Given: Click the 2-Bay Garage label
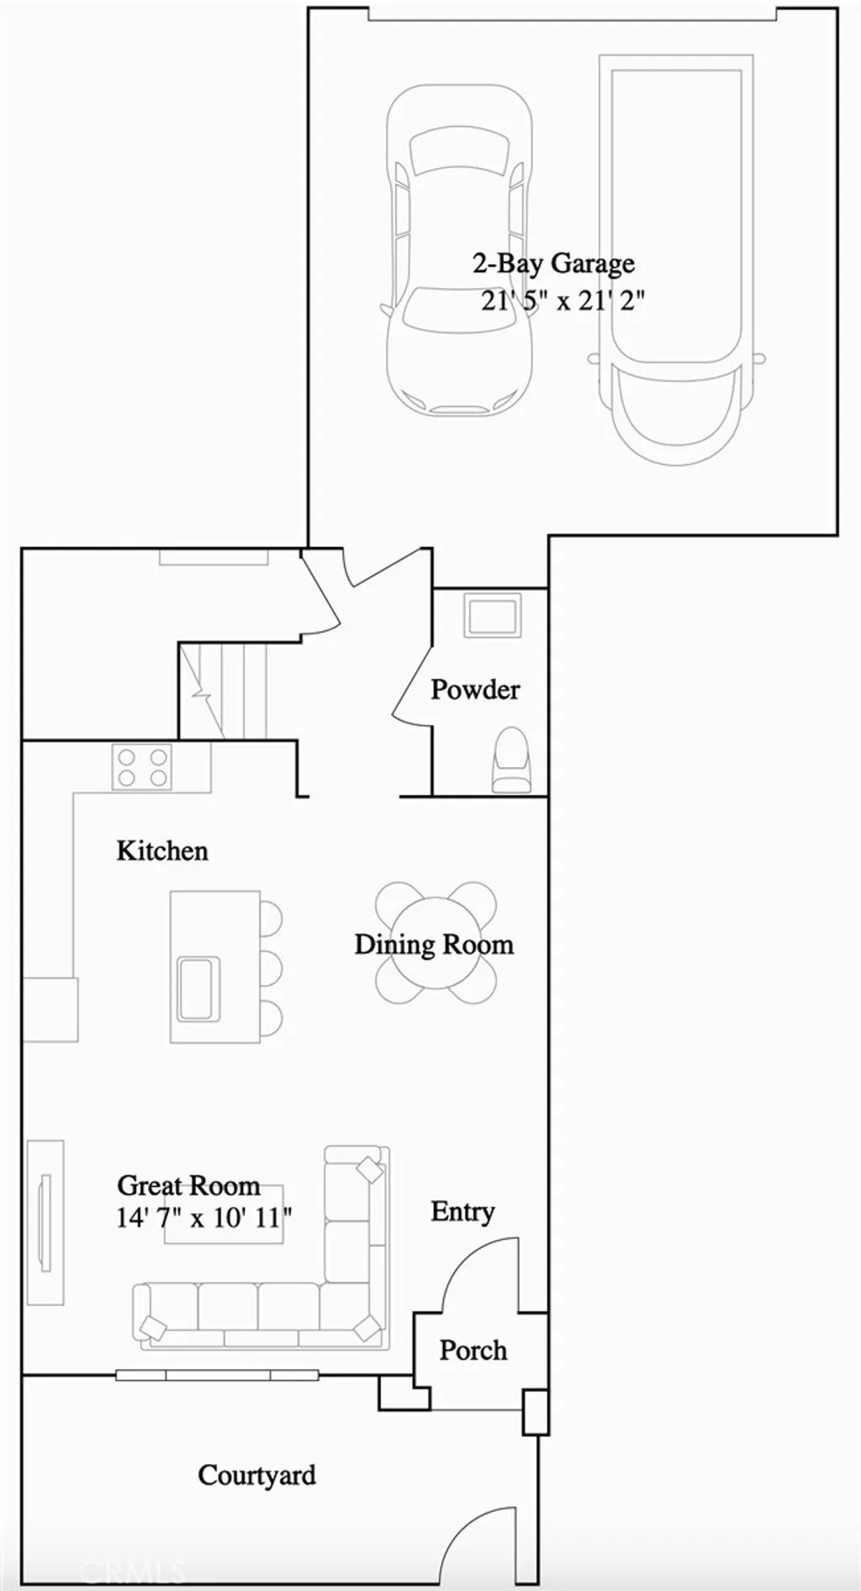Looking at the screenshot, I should [x=553, y=264].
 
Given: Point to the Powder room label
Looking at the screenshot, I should [x=475, y=689].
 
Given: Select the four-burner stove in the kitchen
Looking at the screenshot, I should [x=142, y=767].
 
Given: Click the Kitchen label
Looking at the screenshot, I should [x=162, y=851].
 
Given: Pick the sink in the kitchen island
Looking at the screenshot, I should [x=198, y=988].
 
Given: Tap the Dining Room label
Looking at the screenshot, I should [x=434, y=944].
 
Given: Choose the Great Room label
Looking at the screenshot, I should [x=188, y=1185].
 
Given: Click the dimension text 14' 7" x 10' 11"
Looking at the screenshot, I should [x=204, y=1217].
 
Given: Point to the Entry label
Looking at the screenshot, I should [x=462, y=1211].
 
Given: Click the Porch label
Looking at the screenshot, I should [x=473, y=1350].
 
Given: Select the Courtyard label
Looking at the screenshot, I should [x=257, y=1475].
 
